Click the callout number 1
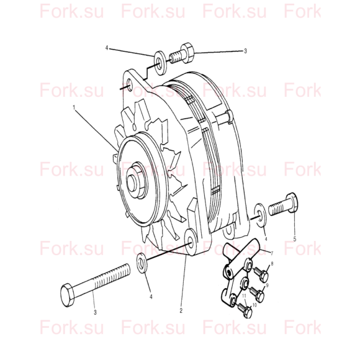(74, 107)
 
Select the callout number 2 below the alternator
(181, 310)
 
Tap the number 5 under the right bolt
(295, 239)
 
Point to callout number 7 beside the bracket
(272, 253)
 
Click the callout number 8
(272, 264)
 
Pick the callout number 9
(267, 286)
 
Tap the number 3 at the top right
(245, 51)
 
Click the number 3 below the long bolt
(95, 312)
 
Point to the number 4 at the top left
(107, 48)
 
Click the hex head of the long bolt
(68, 295)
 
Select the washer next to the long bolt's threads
(142, 263)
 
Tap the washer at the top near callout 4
(160, 63)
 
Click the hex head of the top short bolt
(187, 53)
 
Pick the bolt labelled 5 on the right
(283, 204)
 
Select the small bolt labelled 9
(256, 294)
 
